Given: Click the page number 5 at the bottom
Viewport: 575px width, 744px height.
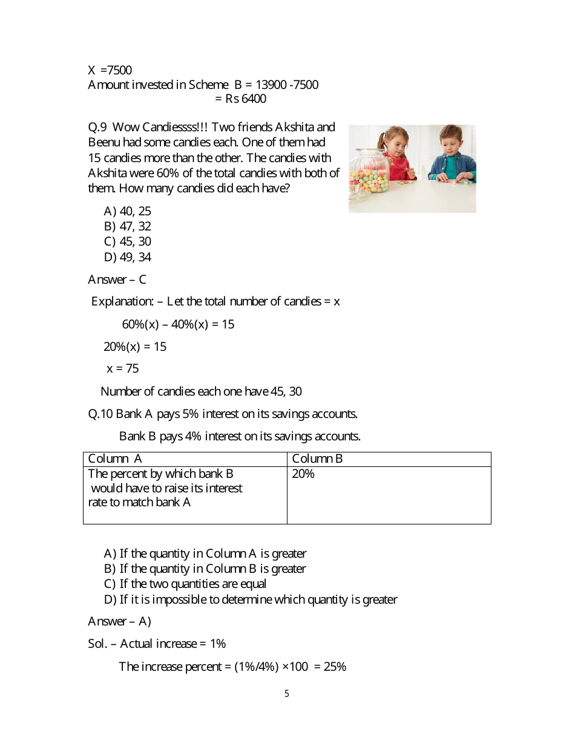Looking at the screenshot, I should [287, 694].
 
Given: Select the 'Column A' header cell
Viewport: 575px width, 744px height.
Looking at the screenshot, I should [115, 459].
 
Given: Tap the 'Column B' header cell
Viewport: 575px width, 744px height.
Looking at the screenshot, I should [317, 459].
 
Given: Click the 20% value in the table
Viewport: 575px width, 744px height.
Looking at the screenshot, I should [303, 474].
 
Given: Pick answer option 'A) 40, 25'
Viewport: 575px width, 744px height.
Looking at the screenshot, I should [128, 211].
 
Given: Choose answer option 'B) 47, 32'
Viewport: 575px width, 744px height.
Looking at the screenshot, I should [128, 226].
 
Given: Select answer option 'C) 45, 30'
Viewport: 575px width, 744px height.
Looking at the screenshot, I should [128, 241].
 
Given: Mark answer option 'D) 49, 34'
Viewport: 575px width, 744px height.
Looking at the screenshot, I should [128, 257].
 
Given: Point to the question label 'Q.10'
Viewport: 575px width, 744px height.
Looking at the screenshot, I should [100, 414].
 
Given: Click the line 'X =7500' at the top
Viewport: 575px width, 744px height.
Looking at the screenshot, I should [110, 70].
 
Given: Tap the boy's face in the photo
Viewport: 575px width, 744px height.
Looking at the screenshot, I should [451, 141].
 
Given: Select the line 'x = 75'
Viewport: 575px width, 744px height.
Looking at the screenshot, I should [123, 368].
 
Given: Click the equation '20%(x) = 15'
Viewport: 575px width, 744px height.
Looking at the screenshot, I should [135, 347].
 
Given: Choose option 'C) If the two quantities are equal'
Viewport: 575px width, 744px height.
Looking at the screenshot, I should [185, 584].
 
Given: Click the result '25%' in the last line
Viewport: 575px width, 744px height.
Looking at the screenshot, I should [335, 667].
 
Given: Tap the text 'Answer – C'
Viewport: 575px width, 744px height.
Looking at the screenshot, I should [117, 279].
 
